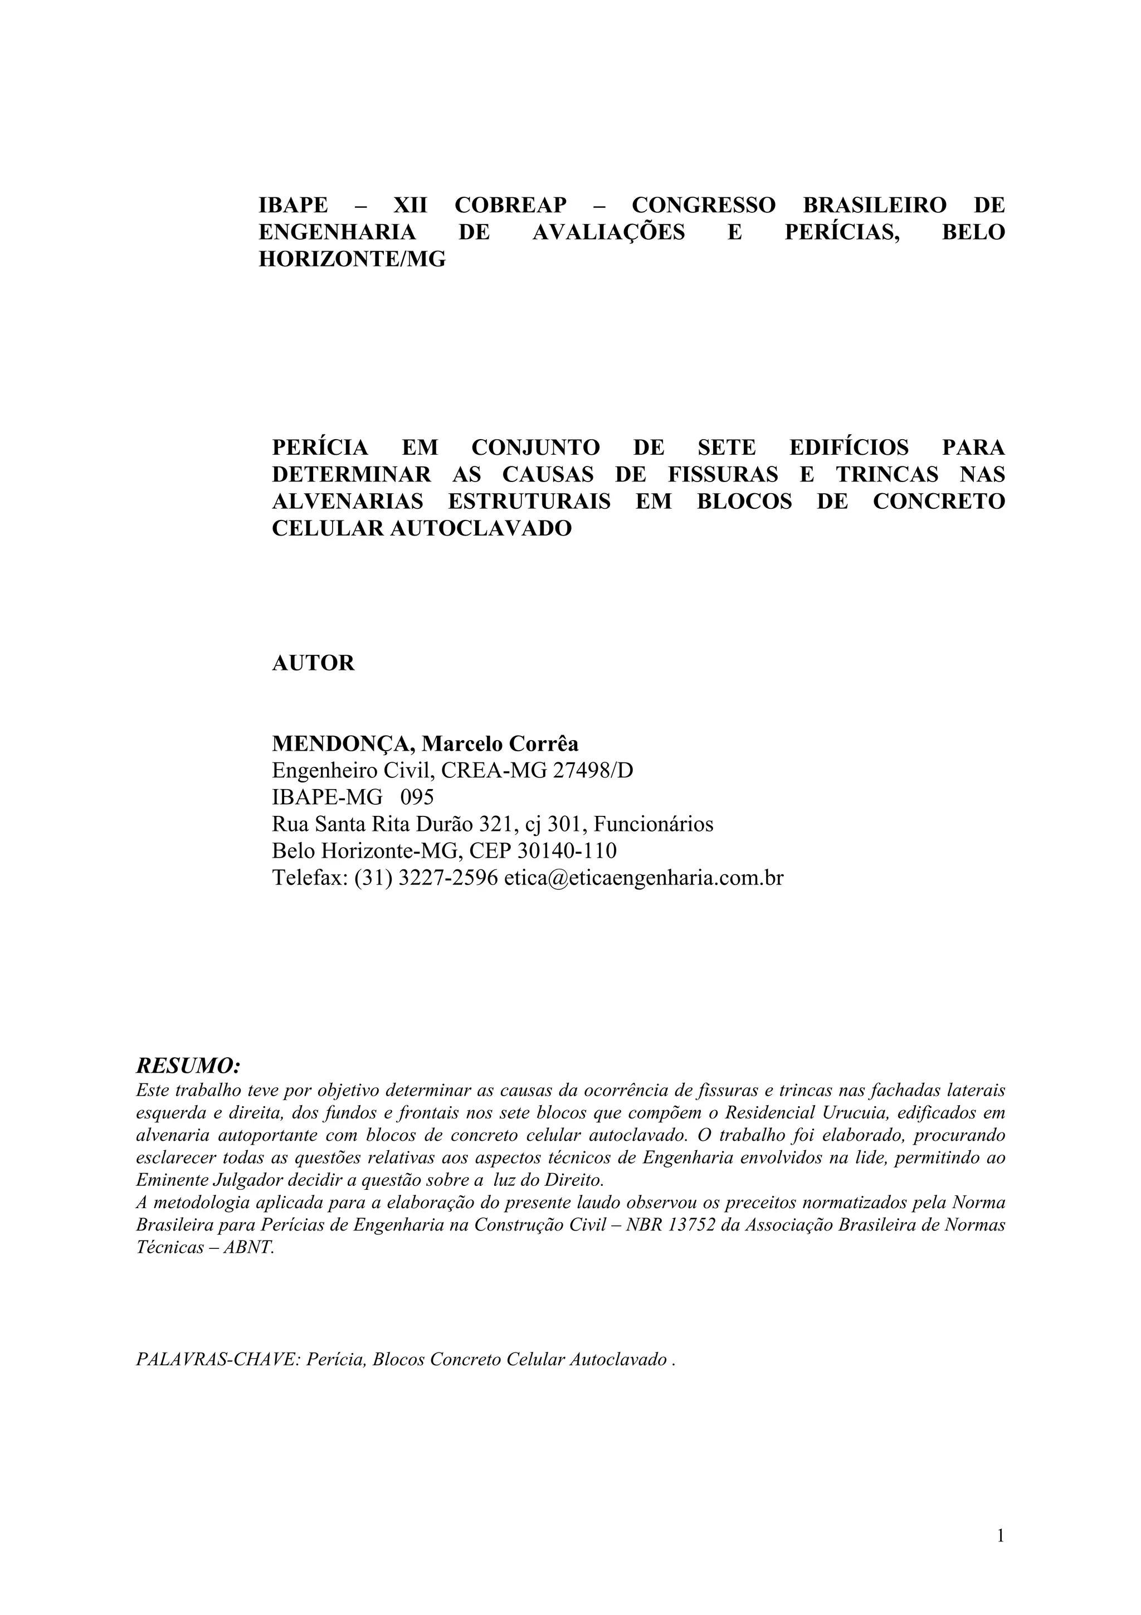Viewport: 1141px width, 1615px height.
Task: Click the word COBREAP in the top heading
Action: pyautogui.click(x=510, y=206)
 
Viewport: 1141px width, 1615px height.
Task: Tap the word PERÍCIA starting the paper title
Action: pyautogui.click(x=320, y=447)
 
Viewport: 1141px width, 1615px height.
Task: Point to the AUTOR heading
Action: pyautogui.click(x=313, y=663)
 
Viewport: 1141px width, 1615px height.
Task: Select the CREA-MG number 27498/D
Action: pyautogui.click(x=593, y=771)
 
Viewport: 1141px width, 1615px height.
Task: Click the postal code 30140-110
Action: pyautogui.click(x=567, y=851)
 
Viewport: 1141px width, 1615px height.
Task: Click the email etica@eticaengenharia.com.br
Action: pyautogui.click(x=643, y=878)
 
